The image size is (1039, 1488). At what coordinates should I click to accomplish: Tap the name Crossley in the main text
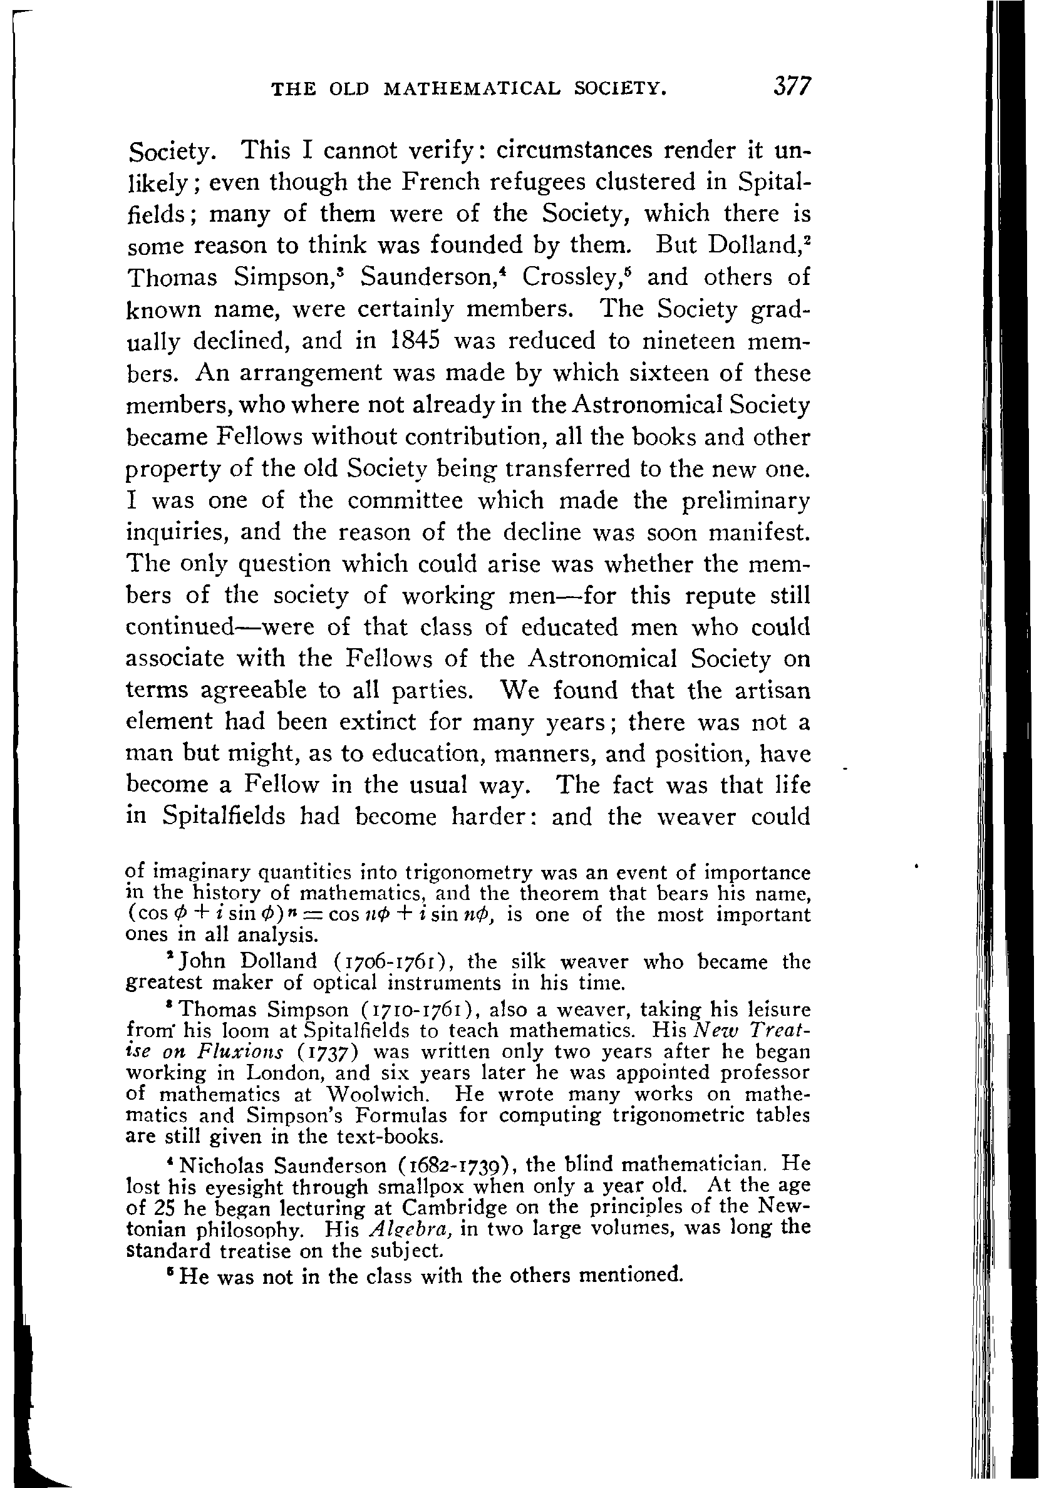pyautogui.click(x=572, y=277)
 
